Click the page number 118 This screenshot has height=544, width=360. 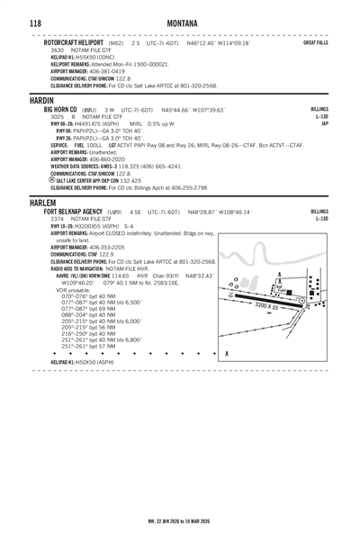coord(14,20)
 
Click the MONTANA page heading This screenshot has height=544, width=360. coord(180,20)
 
